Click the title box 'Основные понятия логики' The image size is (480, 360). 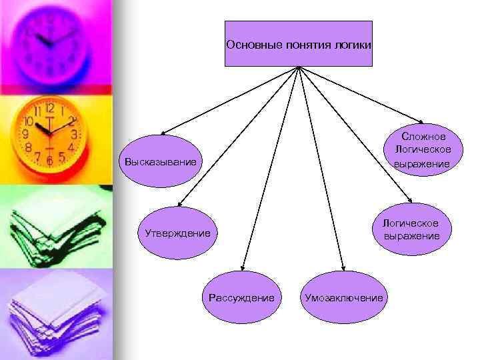pos(298,44)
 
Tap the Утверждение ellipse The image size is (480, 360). pos(177,233)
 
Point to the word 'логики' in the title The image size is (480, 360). pos(353,45)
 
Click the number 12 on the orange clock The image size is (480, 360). pos(50,107)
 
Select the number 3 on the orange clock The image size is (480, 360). pos(75,134)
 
